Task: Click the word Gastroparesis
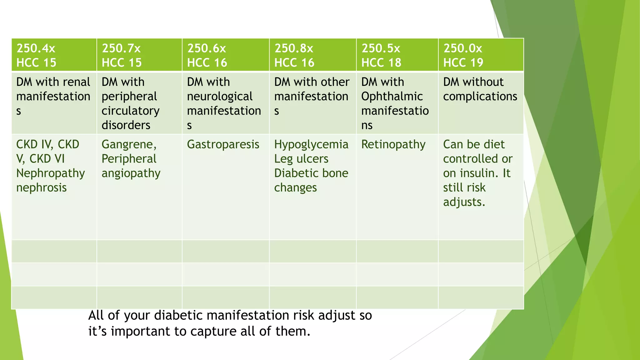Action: [223, 144]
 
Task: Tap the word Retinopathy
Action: [393, 144]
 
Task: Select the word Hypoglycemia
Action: [311, 144]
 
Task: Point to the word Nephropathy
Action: [51, 173]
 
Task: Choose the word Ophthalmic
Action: [392, 96]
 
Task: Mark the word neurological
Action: [220, 96]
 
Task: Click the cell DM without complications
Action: [480, 89]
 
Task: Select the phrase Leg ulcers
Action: [301, 159]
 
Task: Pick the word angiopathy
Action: [131, 173]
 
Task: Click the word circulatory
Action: [131, 111]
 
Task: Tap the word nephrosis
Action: [42, 187]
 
